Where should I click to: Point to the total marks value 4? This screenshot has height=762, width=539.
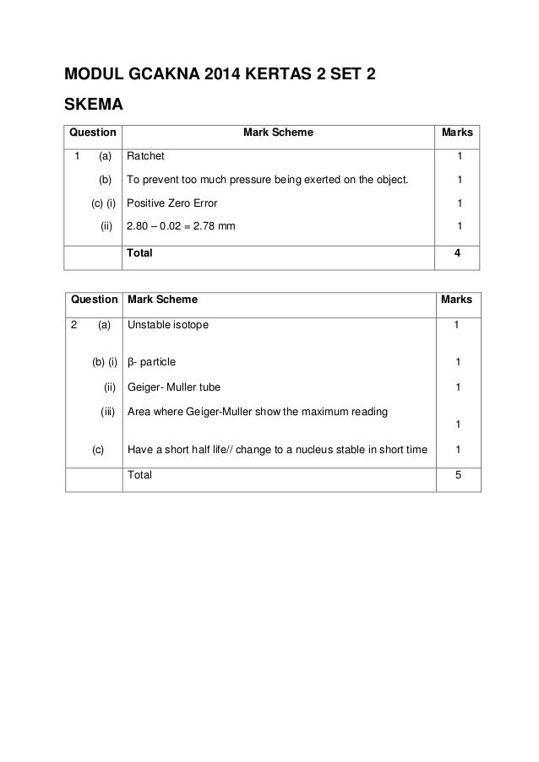pyautogui.click(x=459, y=251)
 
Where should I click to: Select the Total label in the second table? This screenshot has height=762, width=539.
pyautogui.click(x=139, y=475)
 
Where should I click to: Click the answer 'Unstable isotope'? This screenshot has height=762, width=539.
pyautogui.click(x=166, y=323)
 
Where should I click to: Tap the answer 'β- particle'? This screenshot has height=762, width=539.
pyautogui.click(x=152, y=363)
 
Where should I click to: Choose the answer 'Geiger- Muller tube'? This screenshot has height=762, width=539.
pyautogui.click(x=174, y=387)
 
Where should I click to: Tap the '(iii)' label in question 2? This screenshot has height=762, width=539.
pyautogui.click(x=107, y=412)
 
